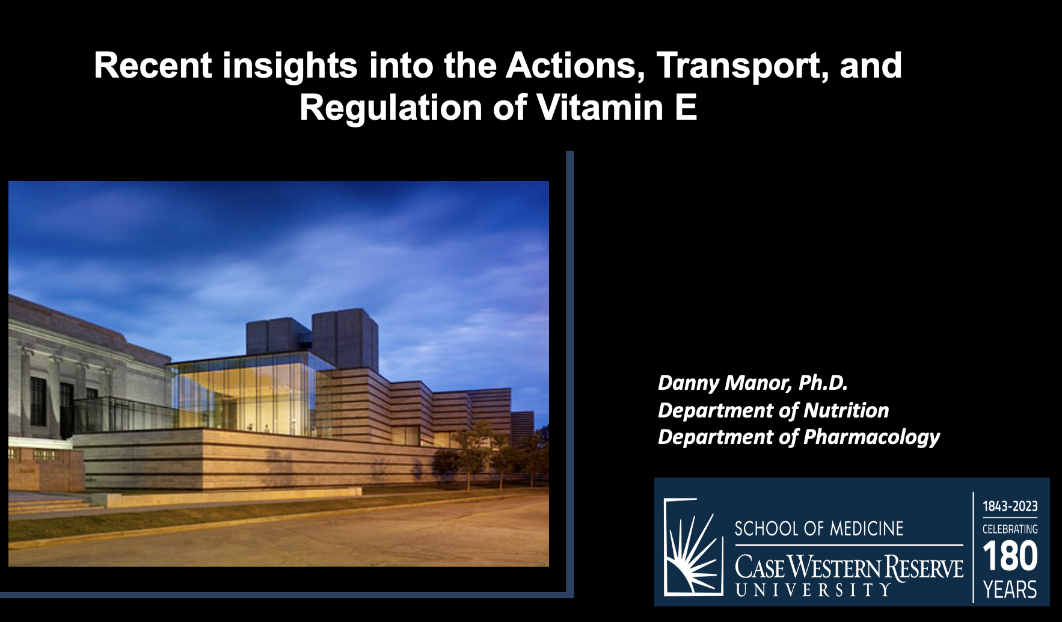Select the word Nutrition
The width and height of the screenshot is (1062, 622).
tap(846, 410)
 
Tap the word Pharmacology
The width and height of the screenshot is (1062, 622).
tap(871, 438)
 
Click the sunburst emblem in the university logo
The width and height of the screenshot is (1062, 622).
tap(693, 547)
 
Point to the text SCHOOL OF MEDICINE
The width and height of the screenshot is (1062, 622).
tap(819, 529)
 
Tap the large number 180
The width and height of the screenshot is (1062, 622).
tap(1010, 556)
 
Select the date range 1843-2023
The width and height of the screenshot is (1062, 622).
tap(1010, 507)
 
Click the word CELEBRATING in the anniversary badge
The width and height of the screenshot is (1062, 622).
tap(1010, 529)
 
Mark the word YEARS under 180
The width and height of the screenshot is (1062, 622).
tap(1010, 590)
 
